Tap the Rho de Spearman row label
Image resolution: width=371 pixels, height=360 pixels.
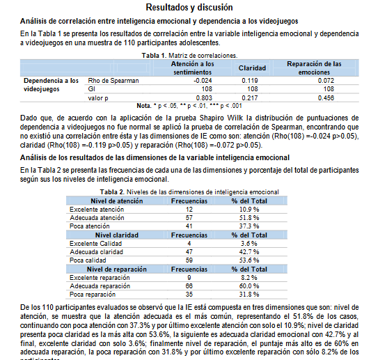point(113,80)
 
